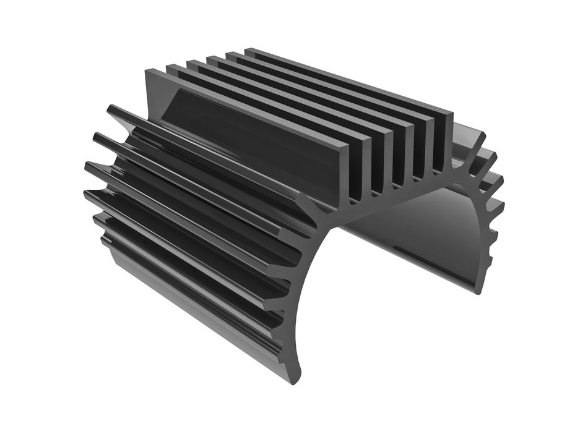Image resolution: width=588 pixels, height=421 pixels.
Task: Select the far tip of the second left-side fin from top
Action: coord(97,135)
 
